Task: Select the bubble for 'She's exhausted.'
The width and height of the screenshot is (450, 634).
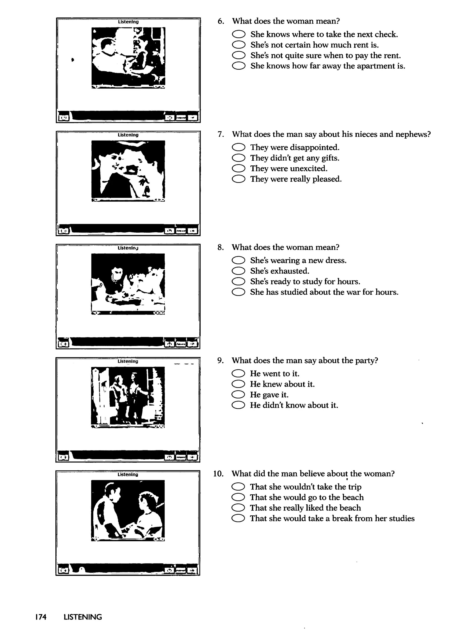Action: (x=238, y=271)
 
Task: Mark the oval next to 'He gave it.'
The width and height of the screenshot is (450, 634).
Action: (x=238, y=395)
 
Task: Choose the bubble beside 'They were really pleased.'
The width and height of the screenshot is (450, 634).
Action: (x=239, y=179)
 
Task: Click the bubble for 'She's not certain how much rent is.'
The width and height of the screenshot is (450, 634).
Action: (x=239, y=45)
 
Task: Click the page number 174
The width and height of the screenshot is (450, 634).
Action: (x=41, y=617)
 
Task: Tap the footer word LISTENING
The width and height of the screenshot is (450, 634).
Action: (x=83, y=617)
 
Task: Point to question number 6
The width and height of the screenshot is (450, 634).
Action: (x=221, y=21)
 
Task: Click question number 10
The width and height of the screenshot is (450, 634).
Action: (x=218, y=474)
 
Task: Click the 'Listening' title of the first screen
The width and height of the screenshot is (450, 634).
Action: (x=128, y=22)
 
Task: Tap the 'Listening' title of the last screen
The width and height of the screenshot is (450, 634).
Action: (x=127, y=475)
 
